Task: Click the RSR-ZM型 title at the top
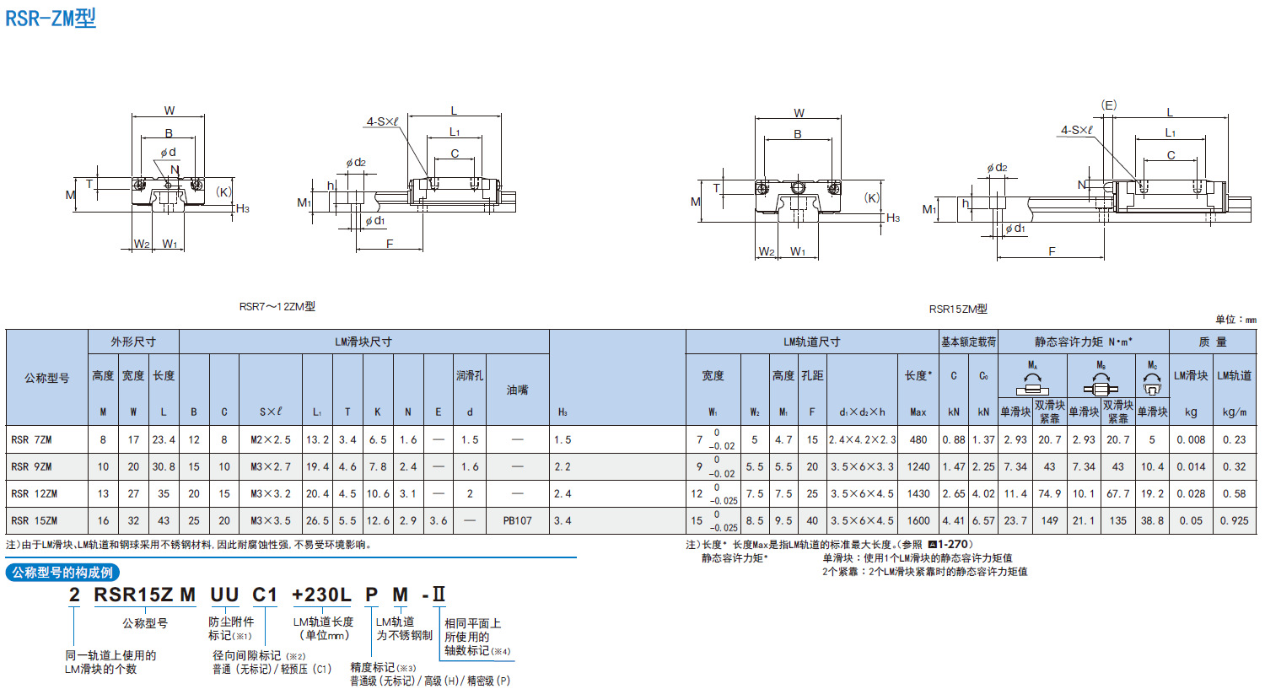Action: tap(51, 18)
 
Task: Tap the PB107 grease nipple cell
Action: tap(517, 520)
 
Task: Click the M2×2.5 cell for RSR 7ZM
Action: tap(270, 439)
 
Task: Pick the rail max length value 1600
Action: tap(918, 520)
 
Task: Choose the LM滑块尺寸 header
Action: tap(363, 342)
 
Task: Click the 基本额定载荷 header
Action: tap(968, 342)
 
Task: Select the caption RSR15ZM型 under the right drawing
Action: tap(958, 310)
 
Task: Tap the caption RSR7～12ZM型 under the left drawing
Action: tap(277, 307)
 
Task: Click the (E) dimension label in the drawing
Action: tap(1109, 105)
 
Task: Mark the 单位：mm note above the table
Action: tap(1235, 320)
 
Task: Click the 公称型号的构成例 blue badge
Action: tap(62, 573)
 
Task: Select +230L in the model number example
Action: tap(321, 595)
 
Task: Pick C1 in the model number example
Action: tap(265, 595)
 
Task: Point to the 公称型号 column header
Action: tap(46, 378)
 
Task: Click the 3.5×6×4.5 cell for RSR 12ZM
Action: tap(862, 493)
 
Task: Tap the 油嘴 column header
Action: tap(517, 390)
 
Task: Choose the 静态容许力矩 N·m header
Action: tap(1084, 342)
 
